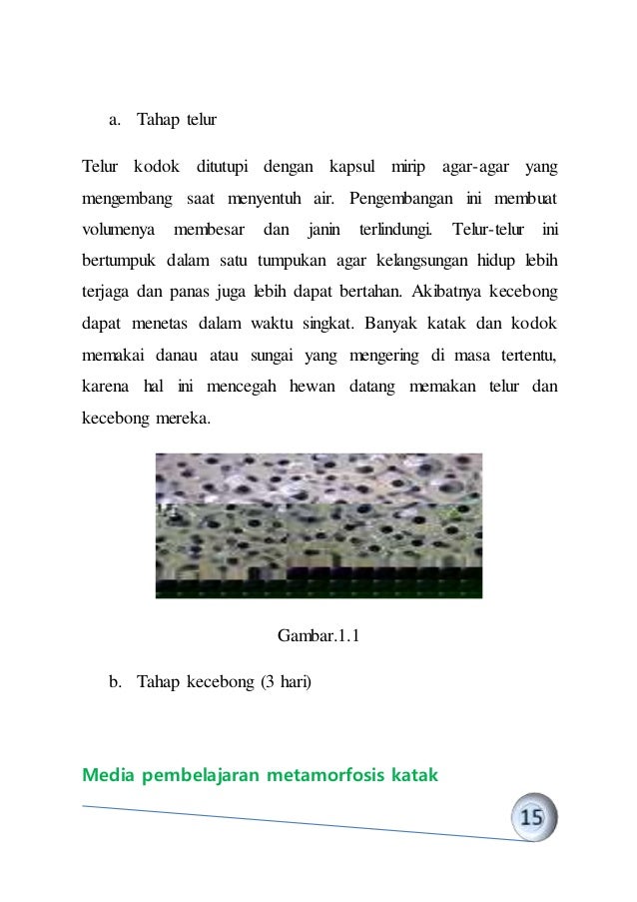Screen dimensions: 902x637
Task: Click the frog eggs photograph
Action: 318,525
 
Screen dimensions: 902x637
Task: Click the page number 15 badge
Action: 532,817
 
